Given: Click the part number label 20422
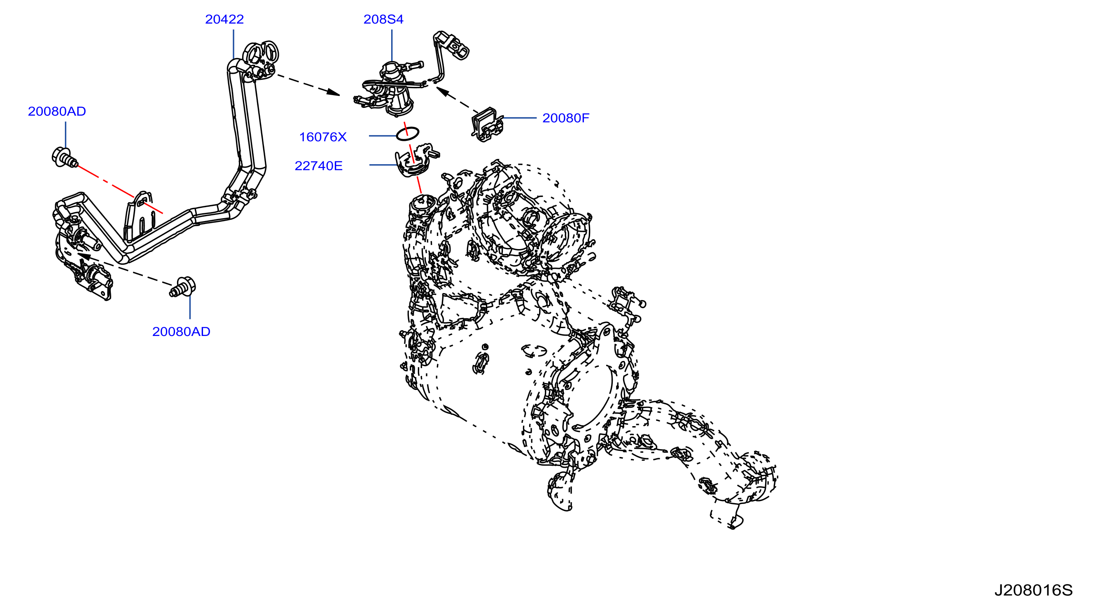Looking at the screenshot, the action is click(224, 19).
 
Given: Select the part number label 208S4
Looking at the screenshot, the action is click(383, 19).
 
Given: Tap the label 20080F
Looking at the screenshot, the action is click(566, 118).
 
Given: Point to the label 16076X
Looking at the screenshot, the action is click(323, 137).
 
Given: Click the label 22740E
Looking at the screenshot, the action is click(318, 166).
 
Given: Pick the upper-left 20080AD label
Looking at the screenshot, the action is click(57, 111).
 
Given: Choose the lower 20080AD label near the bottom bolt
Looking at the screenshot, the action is click(181, 331).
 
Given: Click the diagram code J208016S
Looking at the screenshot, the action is click(1033, 590).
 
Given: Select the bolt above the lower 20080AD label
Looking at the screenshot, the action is click(183, 287).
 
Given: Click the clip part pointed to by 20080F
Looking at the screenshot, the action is click(488, 125).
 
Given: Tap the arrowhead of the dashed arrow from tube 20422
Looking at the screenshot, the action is click(334, 92).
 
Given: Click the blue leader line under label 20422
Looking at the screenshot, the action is click(233, 44).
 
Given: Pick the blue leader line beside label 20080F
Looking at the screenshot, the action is click(519, 118).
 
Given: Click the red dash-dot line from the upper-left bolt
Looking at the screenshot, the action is click(120, 190).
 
